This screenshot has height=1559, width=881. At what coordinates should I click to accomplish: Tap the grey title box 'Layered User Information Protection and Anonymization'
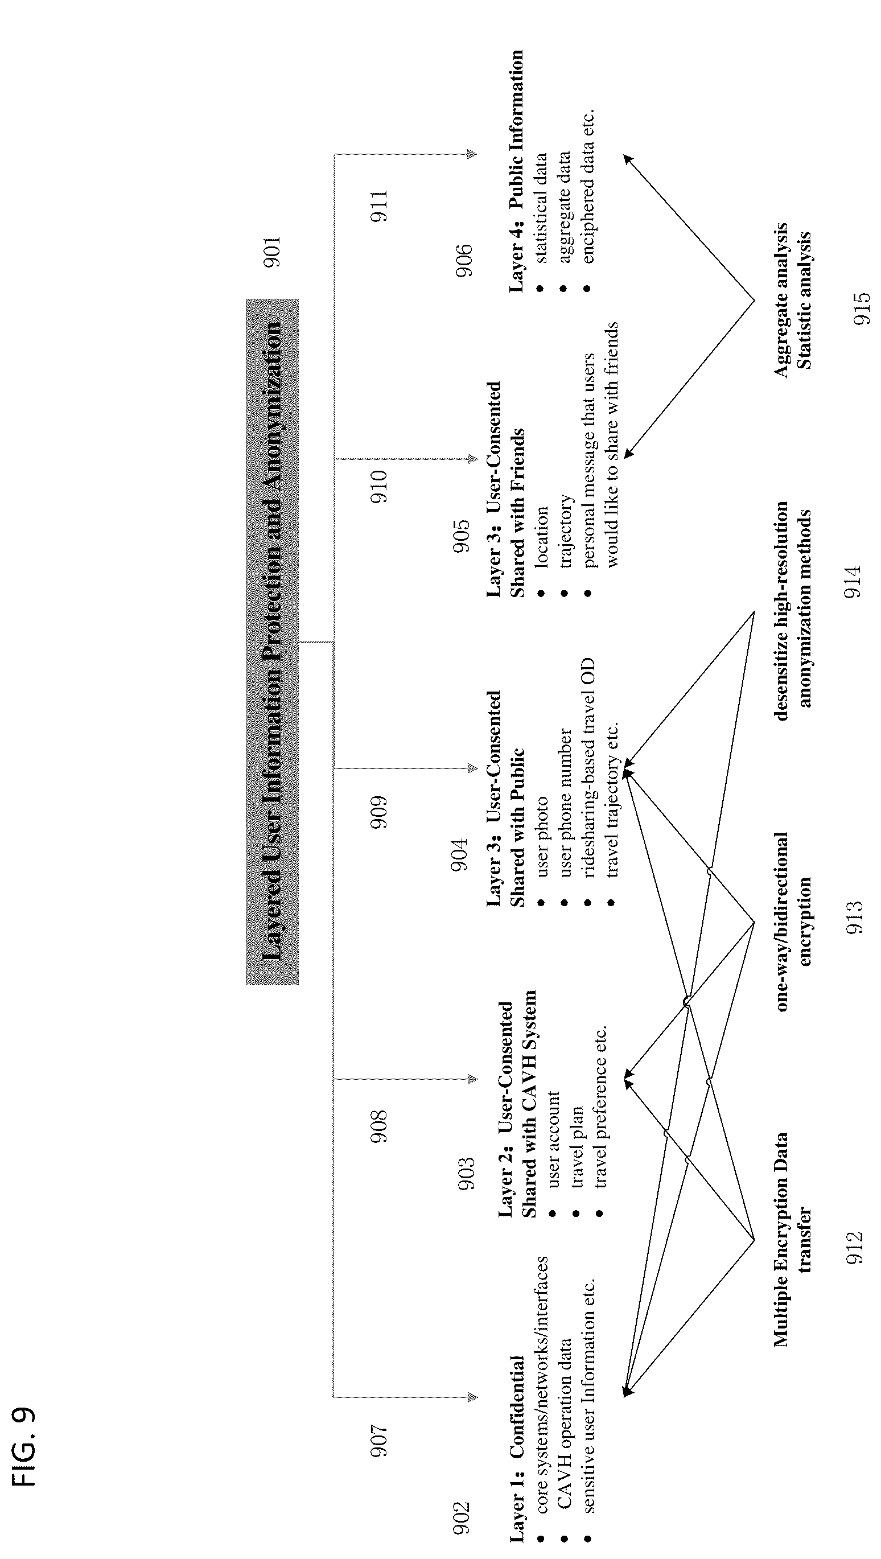pyautogui.click(x=272, y=641)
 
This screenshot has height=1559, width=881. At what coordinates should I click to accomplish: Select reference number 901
pyautogui.click(x=272, y=252)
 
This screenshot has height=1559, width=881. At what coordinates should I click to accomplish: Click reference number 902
pyautogui.click(x=461, y=1517)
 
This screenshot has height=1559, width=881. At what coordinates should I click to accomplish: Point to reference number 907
pyautogui.click(x=378, y=1441)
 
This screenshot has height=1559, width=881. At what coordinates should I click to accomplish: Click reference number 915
pyautogui.click(x=861, y=308)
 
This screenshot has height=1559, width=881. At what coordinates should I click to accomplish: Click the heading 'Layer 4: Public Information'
pyautogui.click(x=516, y=171)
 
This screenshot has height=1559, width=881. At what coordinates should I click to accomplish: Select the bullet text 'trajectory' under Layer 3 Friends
pyautogui.click(x=566, y=530)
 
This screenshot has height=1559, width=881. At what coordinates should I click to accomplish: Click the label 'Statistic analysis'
pyautogui.click(x=803, y=300)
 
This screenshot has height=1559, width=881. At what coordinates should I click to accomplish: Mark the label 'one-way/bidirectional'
pyautogui.click(x=781, y=921)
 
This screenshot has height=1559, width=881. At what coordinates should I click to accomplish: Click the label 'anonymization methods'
pyautogui.click(x=804, y=609)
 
